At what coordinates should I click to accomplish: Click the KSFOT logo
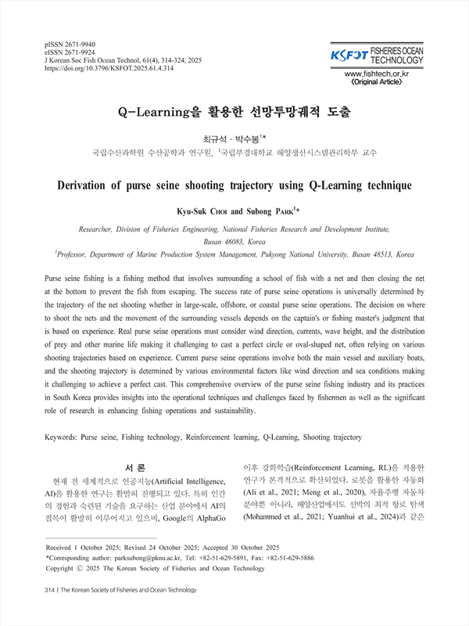coord(349,56)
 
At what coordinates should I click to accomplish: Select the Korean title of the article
coord(234,110)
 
